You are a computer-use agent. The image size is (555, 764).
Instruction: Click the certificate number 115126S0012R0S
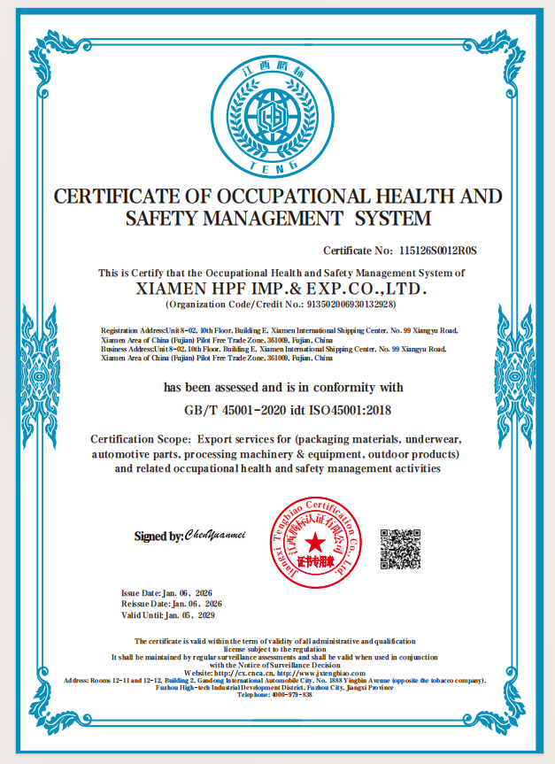[444, 251]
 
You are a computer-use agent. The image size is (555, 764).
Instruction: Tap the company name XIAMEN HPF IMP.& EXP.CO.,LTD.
[281, 289]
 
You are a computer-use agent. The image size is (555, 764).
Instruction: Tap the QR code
[400, 549]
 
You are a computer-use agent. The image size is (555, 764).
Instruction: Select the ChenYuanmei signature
[213, 535]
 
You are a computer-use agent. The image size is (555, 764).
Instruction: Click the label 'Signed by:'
[158, 536]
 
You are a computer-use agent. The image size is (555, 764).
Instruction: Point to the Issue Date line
[166, 592]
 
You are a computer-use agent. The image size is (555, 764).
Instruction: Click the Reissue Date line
[171, 603]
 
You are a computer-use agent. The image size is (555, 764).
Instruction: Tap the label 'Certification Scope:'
[142, 439]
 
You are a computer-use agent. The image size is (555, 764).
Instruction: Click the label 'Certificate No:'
[358, 251]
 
